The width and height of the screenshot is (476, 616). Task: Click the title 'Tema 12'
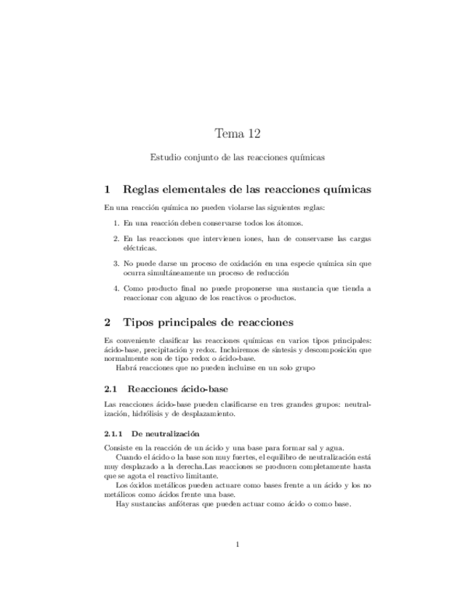238,133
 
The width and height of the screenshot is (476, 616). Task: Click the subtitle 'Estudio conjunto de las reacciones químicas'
237,156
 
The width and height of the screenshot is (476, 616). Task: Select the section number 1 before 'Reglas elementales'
108,189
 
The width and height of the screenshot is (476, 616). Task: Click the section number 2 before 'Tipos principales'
108,322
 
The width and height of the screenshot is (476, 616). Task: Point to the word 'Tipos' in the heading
140,322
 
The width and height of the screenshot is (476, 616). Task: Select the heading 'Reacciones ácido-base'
177,389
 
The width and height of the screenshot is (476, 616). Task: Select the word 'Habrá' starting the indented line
126,368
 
